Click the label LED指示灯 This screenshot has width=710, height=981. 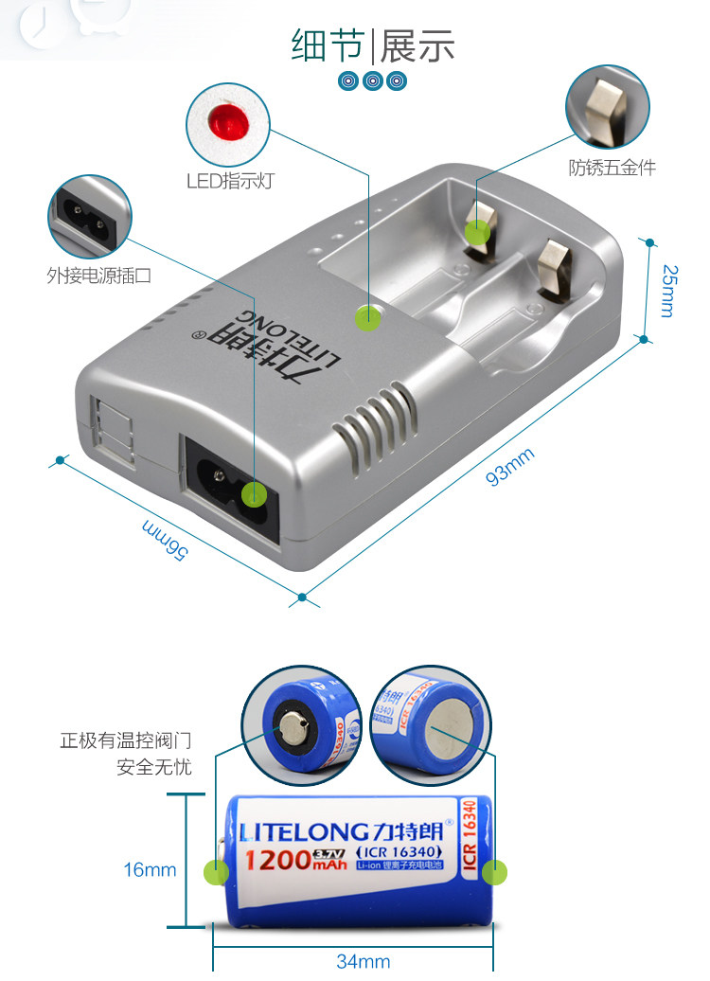pyautogui.click(x=230, y=181)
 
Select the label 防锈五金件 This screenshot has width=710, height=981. pyautogui.click(x=612, y=168)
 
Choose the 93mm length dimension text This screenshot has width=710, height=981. pyautogui.click(x=510, y=466)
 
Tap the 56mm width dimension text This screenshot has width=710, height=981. pyautogui.click(x=164, y=536)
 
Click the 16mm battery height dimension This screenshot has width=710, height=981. pyautogui.click(x=150, y=869)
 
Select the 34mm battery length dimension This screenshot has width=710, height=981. pyautogui.click(x=363, y=961)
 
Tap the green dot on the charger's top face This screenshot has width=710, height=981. pyautogui.click(x=367, y=318)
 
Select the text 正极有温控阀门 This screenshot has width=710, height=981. pyautogui.click(x=126, y=740)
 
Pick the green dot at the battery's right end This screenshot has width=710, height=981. pyautogui.click(x=495, y=871)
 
